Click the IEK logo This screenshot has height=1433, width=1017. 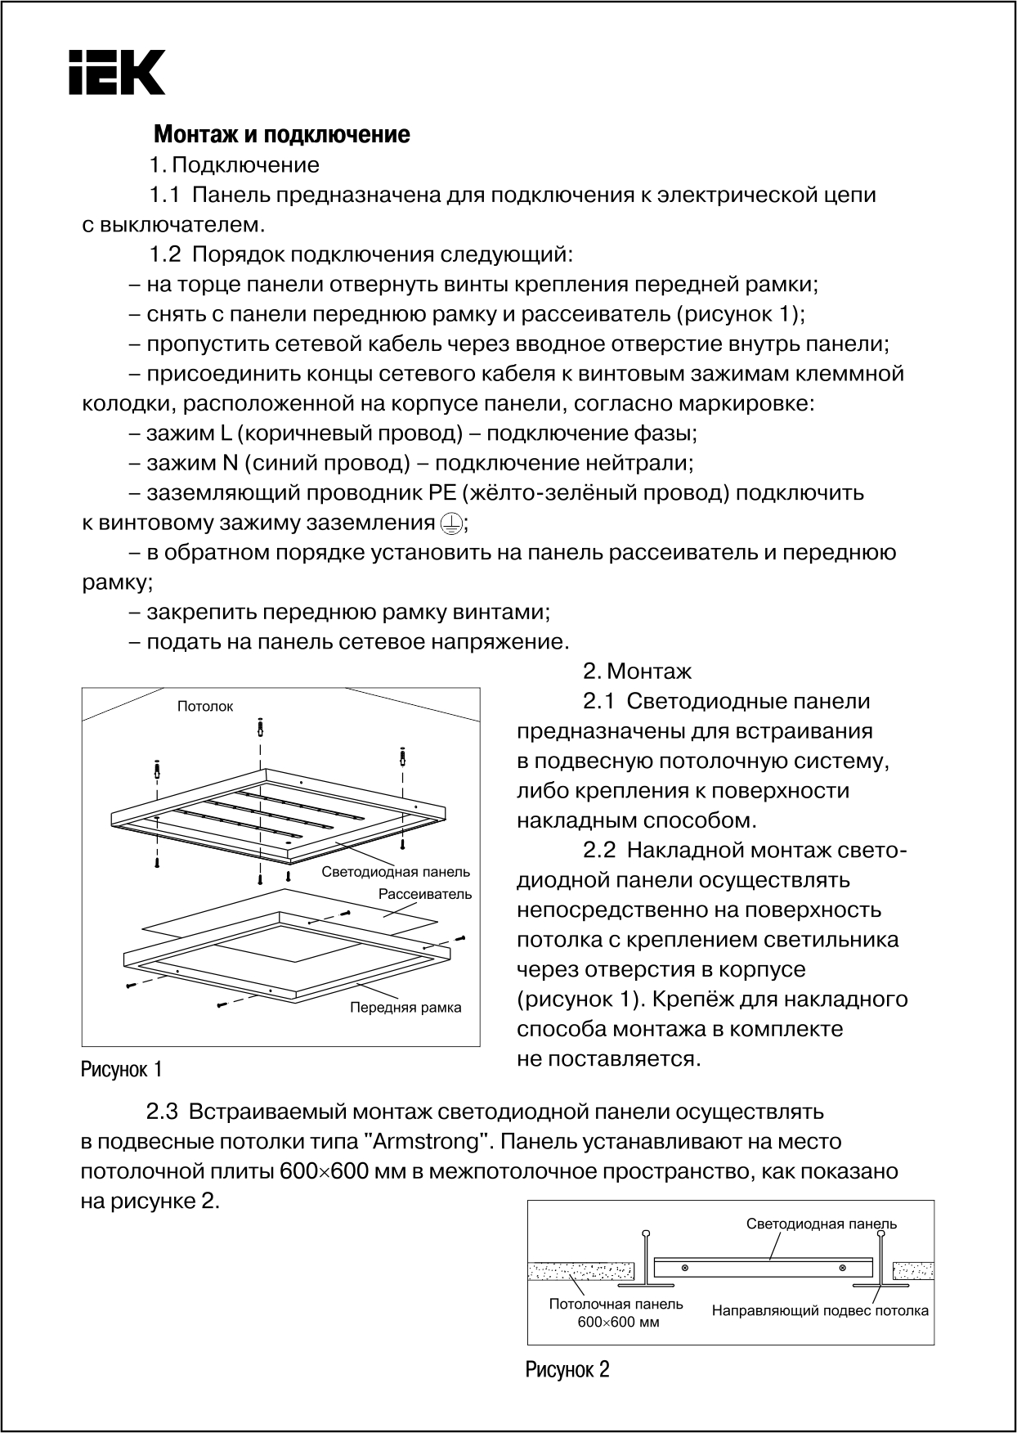pos(116,72)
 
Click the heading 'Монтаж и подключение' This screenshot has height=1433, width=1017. pos(282,134)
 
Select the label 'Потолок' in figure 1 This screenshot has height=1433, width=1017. pos(205,707)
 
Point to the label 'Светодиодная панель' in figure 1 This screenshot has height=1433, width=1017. pos(396,872)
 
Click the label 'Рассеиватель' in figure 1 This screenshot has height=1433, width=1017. pos(425,894)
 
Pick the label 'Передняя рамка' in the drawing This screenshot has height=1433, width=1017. pos(405,1008)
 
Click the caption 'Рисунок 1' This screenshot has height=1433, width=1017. pos(121,1069)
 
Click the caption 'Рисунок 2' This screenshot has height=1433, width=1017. pos(567,1369)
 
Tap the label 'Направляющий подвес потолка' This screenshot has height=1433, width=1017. pos(820,1311)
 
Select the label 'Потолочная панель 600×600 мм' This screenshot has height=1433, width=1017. pos(616,1313)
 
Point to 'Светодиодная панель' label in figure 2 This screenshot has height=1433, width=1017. pos(822,1224)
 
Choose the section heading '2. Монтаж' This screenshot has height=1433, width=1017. pos(637,672)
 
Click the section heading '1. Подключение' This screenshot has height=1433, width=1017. pos(234,165)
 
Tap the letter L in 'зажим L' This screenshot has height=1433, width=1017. pos(226,433)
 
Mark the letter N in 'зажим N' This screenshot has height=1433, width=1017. pos(230,464)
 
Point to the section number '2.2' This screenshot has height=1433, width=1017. pos(600,851)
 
